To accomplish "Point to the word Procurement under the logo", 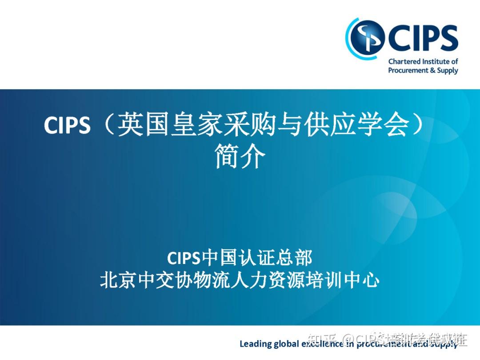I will click(x=408, y=70).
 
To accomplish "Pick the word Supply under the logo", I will click(x=448, y=70).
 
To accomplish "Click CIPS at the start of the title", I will click(x=67, y=126).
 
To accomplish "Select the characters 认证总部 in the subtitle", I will click(x=275, y=258).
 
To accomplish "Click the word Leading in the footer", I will click(x=255, y=344).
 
